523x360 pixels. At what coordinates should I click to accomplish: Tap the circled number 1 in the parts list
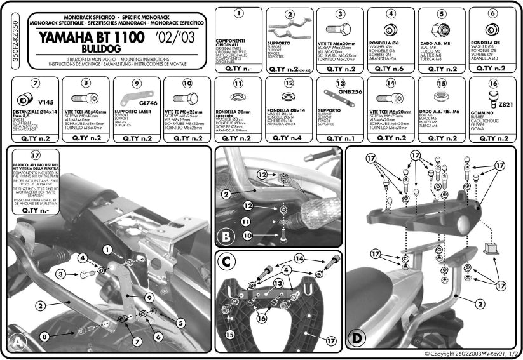(238, 13)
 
